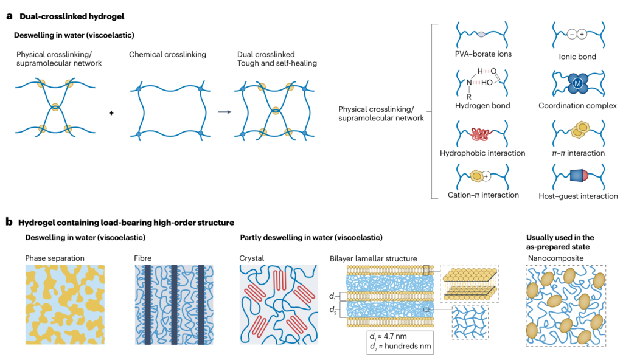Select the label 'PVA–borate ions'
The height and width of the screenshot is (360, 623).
482,54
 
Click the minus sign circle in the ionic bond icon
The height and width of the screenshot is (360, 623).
569,35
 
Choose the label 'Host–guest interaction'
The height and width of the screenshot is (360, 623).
578,196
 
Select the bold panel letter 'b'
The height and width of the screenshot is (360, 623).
9,222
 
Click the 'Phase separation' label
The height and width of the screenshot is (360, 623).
55,258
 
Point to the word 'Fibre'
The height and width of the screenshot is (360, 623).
144,258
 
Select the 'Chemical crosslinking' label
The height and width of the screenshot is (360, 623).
167,55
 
